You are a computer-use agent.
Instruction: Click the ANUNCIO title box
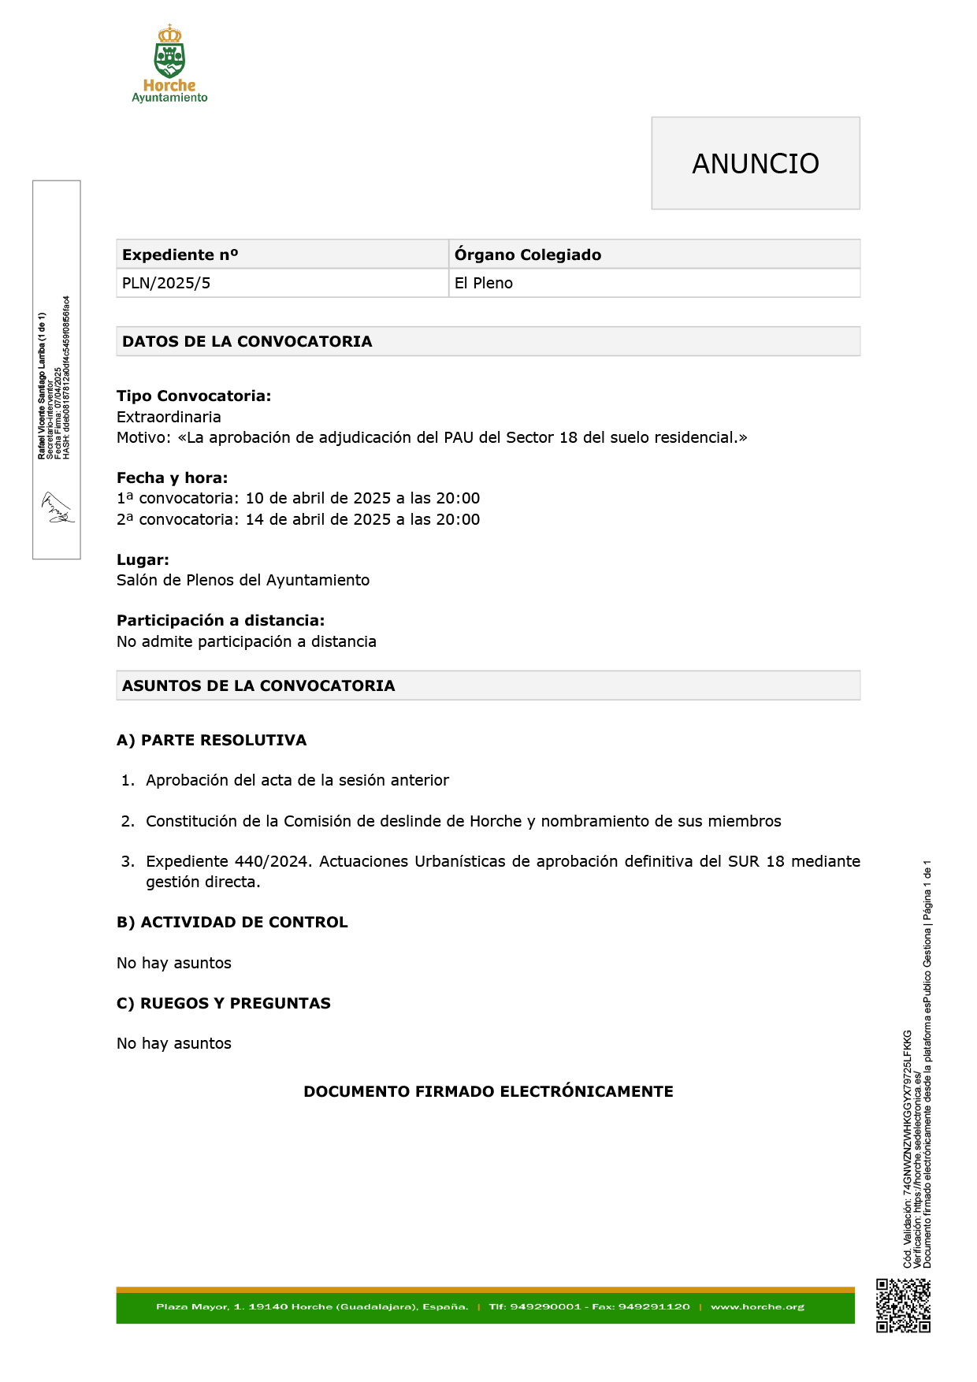point(755,163)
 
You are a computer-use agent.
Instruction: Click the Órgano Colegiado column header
point(527,254)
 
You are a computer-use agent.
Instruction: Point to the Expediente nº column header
point(180,254)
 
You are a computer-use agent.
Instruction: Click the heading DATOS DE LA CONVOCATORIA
point(247,341)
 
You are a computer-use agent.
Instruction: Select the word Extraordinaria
point(169,417)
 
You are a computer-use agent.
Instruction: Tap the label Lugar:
point(143,560)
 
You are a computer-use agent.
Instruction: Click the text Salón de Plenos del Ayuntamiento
point(243,581)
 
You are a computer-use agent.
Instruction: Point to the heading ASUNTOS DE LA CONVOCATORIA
point(258,685)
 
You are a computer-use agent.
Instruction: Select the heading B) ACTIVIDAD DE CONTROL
point(232,923)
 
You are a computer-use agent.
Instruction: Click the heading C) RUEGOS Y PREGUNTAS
point(224,1003)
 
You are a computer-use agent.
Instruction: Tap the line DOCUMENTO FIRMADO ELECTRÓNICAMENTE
point(489,1091)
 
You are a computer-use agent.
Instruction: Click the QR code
point(903,1306)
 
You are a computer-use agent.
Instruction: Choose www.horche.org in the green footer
point(757,1306)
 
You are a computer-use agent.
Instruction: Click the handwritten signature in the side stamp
point(57,508)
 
